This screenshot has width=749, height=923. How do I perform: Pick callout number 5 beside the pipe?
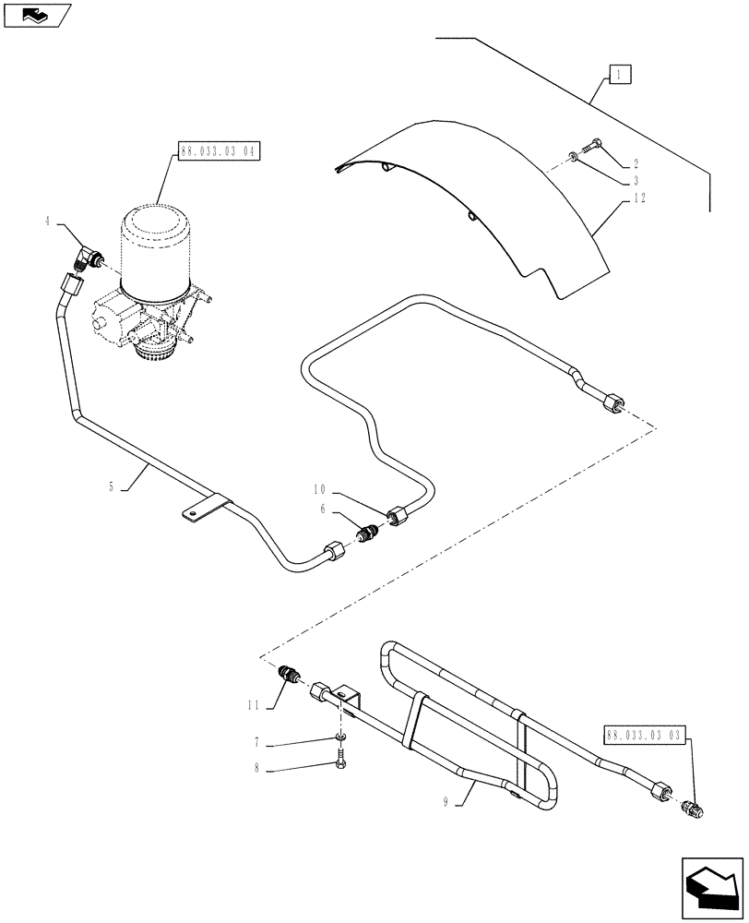112,486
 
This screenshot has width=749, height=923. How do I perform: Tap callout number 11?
252,705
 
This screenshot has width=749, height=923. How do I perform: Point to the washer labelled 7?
341,736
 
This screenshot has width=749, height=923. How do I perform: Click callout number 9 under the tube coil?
445,803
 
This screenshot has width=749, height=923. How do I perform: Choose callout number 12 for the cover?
637,199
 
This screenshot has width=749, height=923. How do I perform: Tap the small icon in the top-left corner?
36,14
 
